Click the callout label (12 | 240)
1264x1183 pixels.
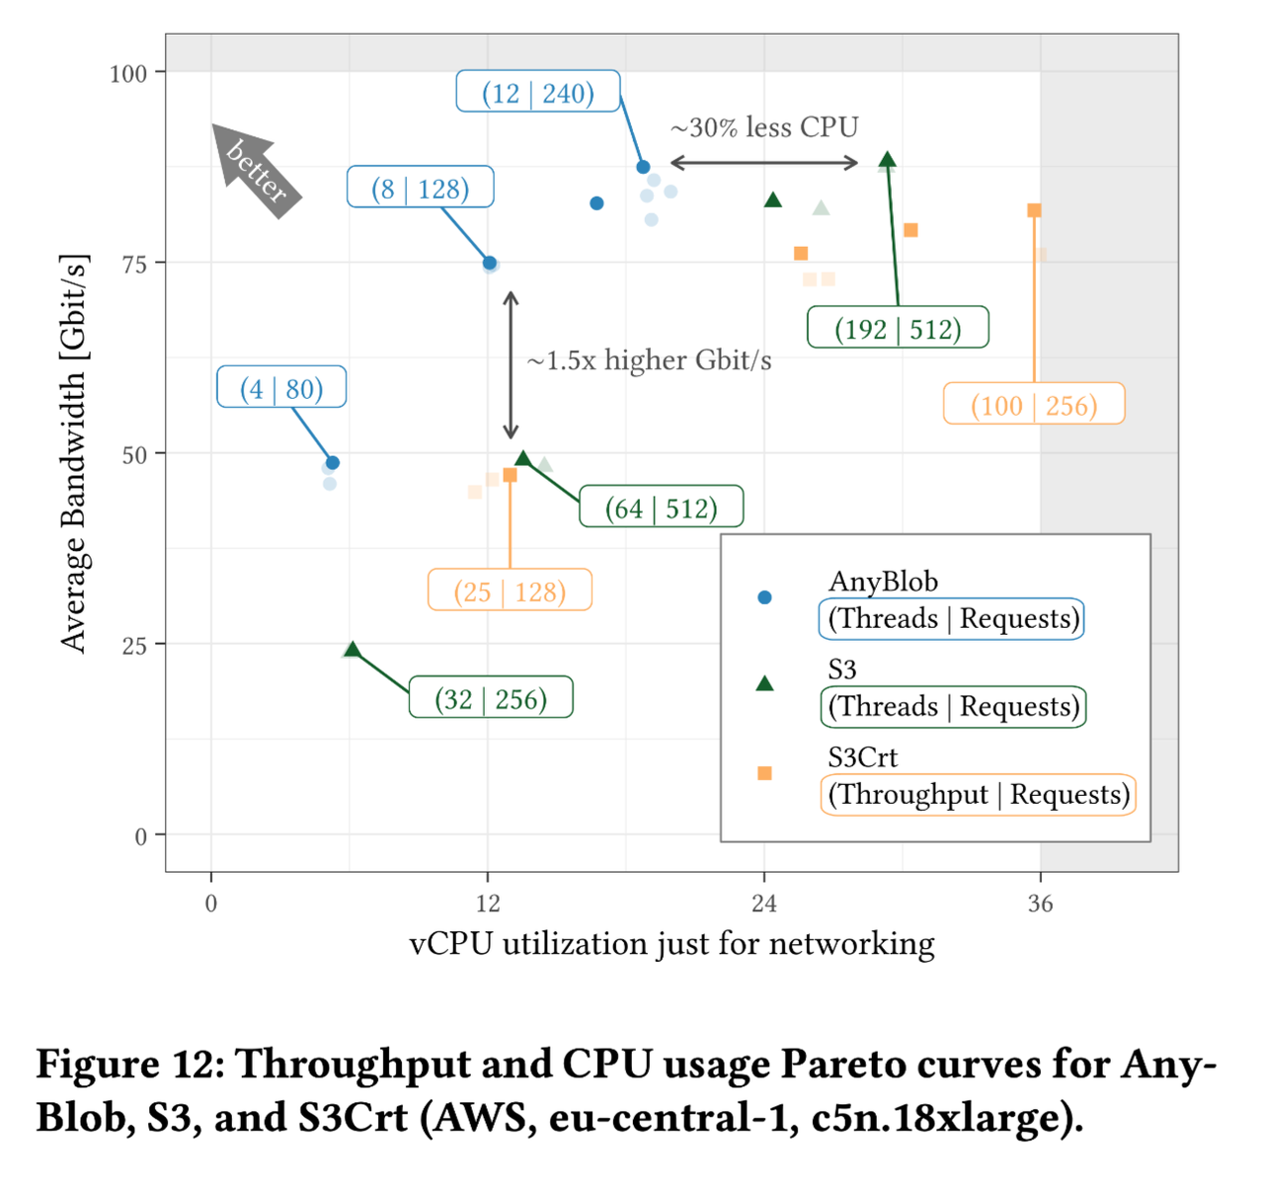point(538,92)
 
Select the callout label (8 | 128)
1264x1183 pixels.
point(421,188)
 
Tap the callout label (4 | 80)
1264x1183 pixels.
point(281,388)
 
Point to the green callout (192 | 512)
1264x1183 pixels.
point(898,328)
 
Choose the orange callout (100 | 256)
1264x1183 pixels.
point(1034,405)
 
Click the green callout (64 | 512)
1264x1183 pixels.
point(661,508)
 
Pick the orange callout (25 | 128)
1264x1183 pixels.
point(510,591)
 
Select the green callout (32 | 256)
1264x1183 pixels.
point(491,698)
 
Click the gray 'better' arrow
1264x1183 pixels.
point(256,169)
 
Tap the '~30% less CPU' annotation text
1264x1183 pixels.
point(764,127)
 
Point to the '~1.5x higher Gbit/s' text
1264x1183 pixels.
point(649,360)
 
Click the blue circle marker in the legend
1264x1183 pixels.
point(764,597)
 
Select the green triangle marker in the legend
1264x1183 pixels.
point(764,683)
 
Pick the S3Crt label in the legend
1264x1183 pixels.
point(862,757)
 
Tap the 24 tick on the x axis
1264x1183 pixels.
point(764,904)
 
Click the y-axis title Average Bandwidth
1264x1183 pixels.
point(74,453)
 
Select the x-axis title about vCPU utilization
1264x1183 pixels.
point(671,944)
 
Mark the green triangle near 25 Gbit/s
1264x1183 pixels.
point(353,650)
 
